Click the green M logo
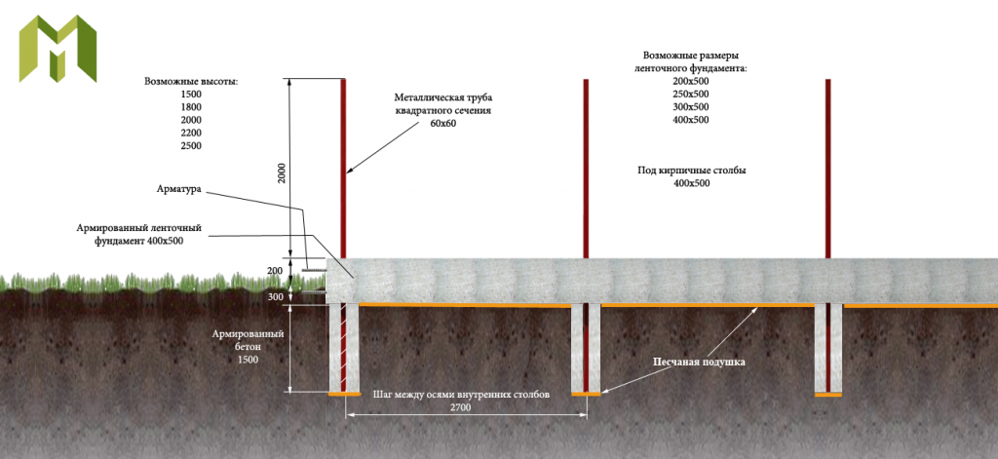coord(58,48)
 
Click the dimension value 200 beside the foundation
coord(274,271)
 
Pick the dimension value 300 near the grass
coord(274,297)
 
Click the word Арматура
coord(179,189)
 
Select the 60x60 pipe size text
coord(443,123)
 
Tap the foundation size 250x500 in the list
coord(691,95)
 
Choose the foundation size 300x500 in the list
coord(691,107)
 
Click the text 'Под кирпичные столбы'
coord(692,172)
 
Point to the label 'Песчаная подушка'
coord(698,362)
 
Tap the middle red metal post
coord(586,169)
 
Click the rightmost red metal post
coord(828,169)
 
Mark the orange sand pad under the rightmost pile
coord(828,395)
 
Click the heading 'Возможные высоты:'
coord(191,82)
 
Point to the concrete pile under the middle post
coord(586,348)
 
